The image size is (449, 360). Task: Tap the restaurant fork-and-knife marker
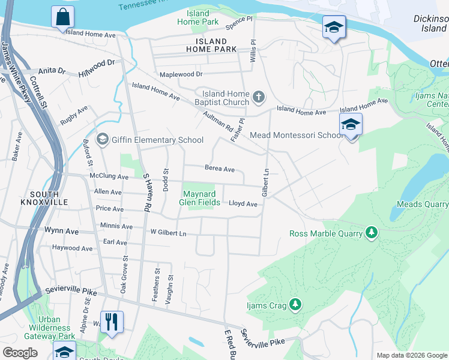tap(112, 322)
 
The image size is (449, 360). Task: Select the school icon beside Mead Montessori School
tap(351, 125)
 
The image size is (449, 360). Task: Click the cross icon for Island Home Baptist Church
tap(259, 97)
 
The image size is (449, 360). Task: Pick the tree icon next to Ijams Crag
tap(294, 305)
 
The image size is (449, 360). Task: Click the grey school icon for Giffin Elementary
tap(101, 140)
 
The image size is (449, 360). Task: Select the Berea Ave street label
tap(219, 169)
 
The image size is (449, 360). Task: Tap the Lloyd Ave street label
tap(243, 204)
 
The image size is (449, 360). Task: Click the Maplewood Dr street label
tap(181, 74)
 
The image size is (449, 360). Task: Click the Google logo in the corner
tap(20, 353)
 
